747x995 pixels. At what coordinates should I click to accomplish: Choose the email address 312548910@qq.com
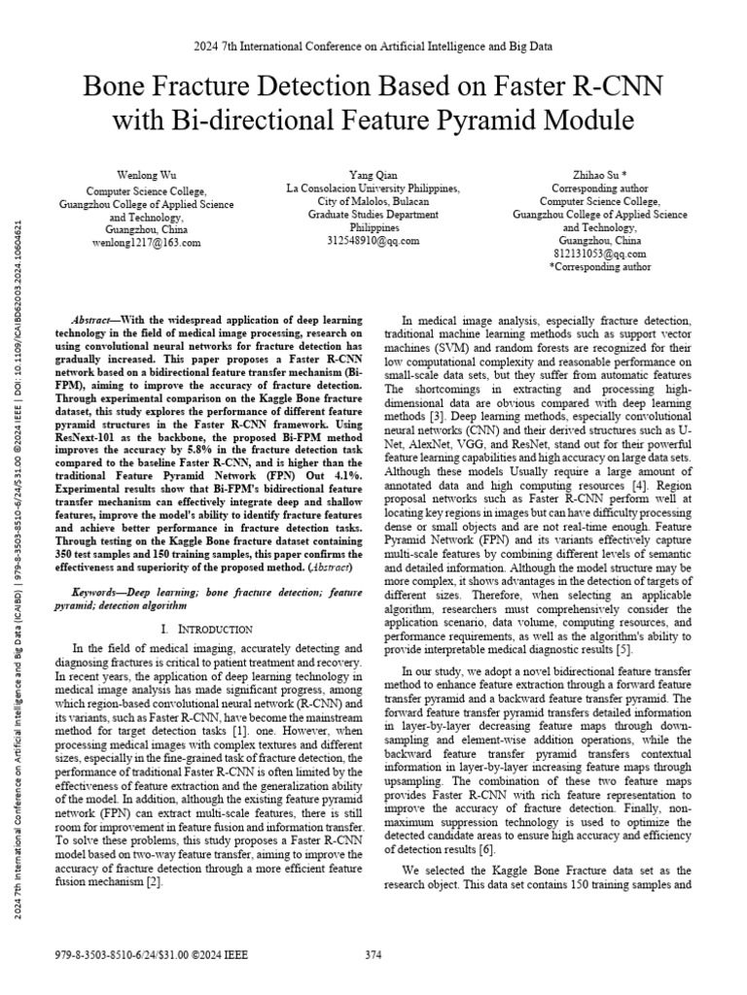pos(373,240)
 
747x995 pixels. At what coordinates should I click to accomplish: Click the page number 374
pos(373,955)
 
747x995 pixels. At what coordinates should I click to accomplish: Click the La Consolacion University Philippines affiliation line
pos(373,189)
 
